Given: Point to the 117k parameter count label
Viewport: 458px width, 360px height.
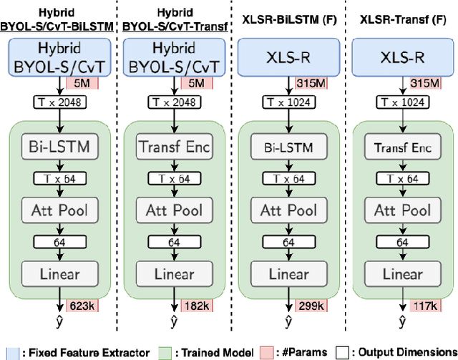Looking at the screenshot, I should click(424, 306).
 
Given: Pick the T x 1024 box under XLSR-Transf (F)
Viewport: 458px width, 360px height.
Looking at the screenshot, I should click(401, 102).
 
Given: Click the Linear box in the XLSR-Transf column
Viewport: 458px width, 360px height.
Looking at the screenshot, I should click(401, 273).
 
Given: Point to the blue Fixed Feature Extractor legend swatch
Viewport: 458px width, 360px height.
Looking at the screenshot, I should click(7, 351).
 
